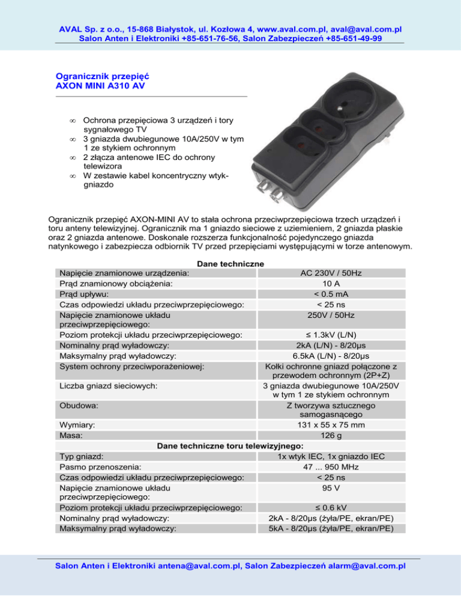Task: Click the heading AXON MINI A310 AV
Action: [100, 86]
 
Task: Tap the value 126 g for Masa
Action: [331, 436]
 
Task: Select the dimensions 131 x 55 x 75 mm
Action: [331, 425]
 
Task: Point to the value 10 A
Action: [331, 284]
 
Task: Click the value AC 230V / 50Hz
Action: [331, 273]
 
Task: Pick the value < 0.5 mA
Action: [331, 294]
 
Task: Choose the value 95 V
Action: [331, 489]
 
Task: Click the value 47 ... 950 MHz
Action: [331, 467]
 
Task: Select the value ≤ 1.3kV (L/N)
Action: [331, 335]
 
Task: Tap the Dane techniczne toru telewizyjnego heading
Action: [230, 446]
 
